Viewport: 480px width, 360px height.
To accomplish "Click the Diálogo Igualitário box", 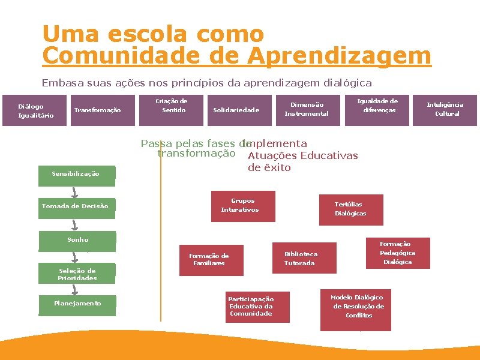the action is click(36, 110).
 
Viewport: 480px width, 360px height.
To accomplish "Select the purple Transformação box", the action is click(97, 110).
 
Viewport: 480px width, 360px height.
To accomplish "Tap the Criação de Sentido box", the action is click(175, 106).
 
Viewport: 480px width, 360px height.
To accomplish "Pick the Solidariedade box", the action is click(236, 110).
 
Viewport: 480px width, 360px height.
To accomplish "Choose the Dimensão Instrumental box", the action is click(307, 109).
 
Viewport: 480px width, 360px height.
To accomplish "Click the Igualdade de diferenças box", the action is click(377, 106).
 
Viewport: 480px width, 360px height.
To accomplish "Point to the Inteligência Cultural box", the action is click(445, 109).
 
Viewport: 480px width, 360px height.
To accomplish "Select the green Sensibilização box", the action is click(76, 174).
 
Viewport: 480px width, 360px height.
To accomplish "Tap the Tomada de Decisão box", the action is click(76, 206).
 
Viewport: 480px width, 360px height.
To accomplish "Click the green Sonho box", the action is click(77, 240).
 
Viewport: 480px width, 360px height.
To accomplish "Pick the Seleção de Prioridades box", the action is click(77, 274).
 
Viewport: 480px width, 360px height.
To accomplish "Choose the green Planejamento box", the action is click(77, 304).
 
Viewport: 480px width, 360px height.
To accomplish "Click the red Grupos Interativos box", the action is click(242, 206).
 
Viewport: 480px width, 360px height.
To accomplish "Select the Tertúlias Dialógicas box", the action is click(350, 209).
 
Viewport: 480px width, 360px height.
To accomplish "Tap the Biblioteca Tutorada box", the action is click(301, 259).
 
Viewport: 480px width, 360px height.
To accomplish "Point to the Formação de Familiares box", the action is click(209, 260).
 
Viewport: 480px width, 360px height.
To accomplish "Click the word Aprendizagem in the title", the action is click(340, 56).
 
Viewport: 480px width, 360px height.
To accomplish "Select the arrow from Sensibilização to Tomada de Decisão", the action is click(75, 191).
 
